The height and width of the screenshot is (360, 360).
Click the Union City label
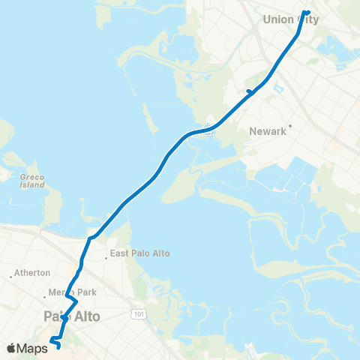click(x=292, y=20)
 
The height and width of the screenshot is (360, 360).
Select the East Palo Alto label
click(x=139, y=253)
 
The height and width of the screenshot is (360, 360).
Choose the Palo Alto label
click(x=72, y=317)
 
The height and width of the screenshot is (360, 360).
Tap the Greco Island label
click(x=32, y=181)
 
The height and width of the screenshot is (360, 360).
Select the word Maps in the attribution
click(x=33, y=348)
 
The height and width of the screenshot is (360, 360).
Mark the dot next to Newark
click(x=290, y=125)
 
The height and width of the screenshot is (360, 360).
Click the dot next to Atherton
click(x=11, y=277)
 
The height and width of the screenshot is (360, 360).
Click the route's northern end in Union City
click(x=307, y=12)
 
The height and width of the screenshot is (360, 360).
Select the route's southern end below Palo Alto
click(x=58, y=346)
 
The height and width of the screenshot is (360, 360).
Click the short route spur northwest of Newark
click(x=248, y=91)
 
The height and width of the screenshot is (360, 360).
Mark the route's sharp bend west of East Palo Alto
click(x=90, y=238)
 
